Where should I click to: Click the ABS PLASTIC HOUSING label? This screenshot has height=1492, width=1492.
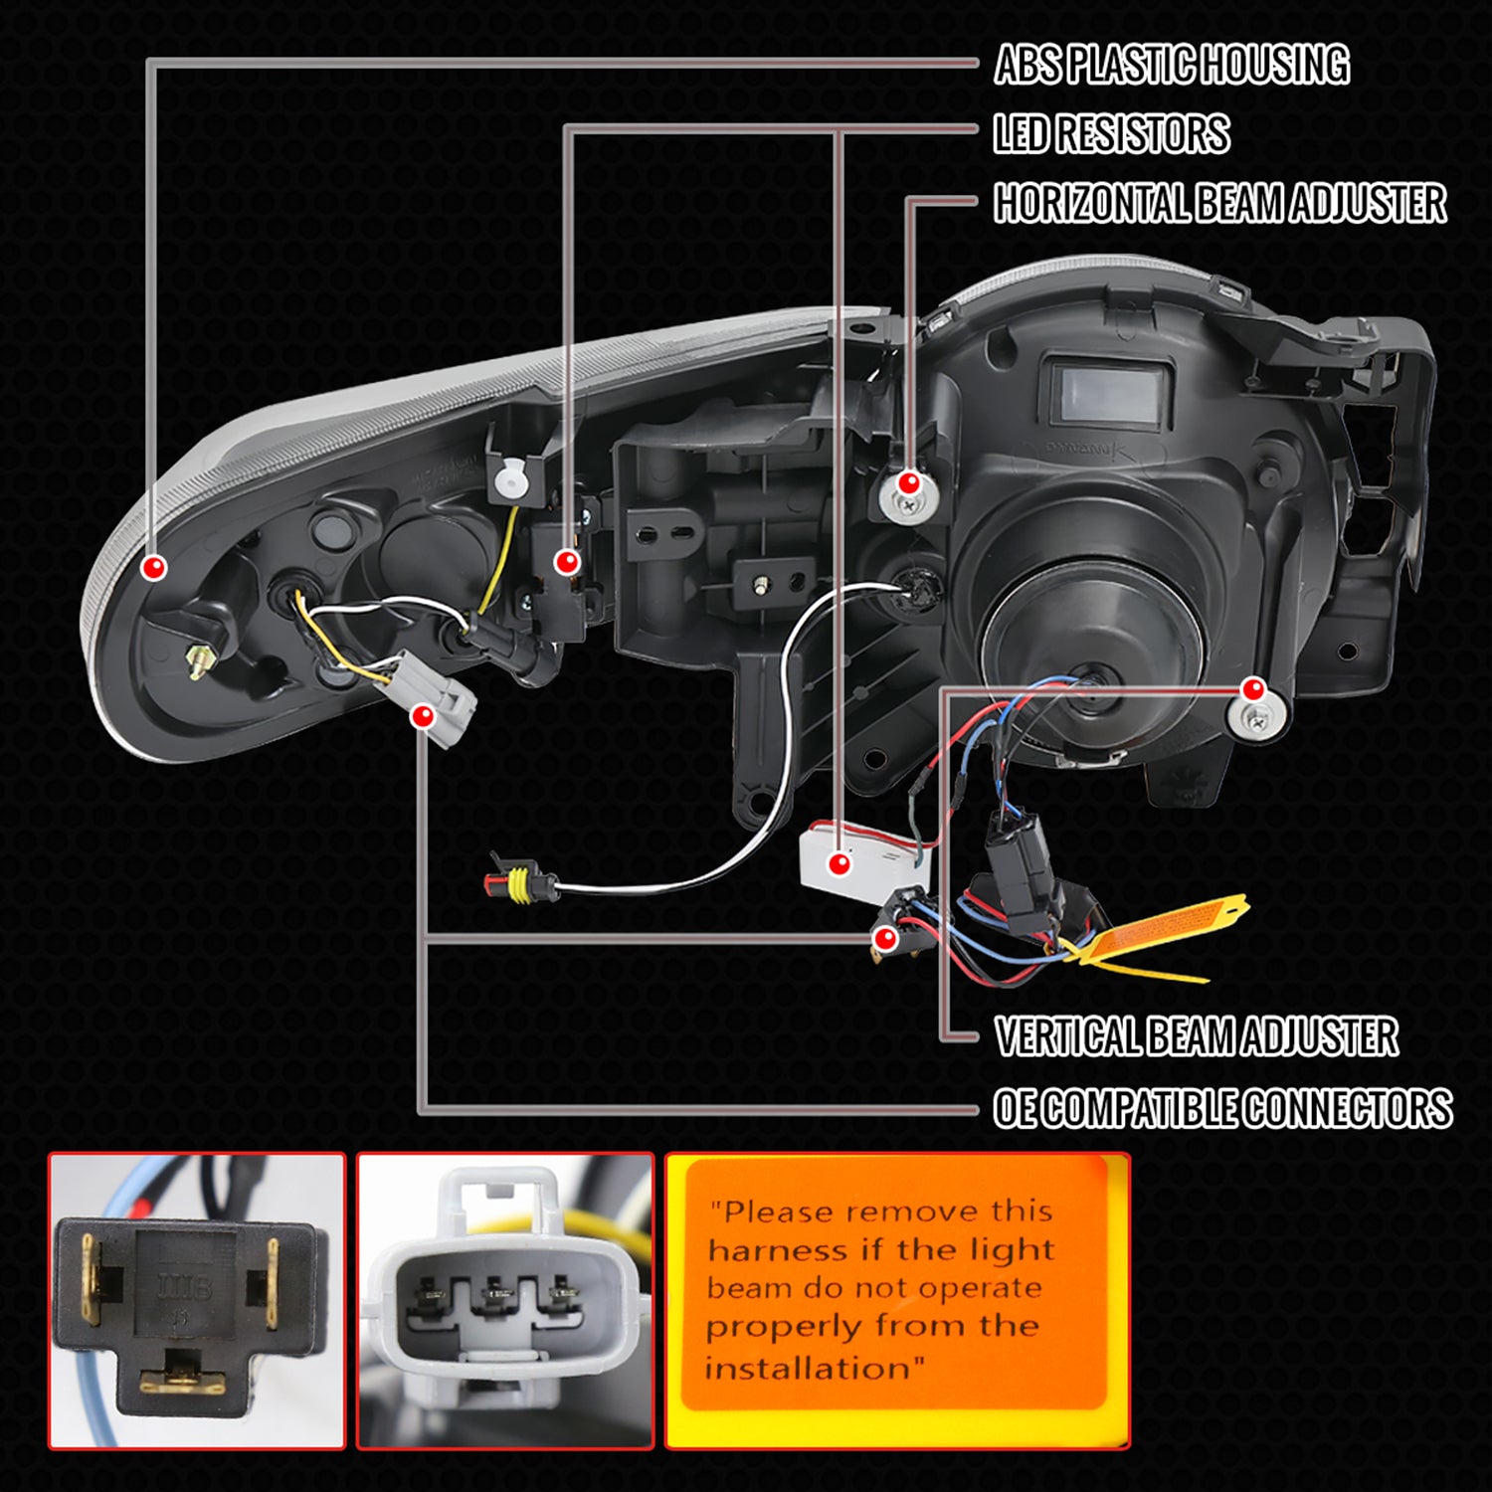pyautogui.click(x=1171, y=65)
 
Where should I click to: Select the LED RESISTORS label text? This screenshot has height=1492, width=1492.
pyautogui.click(x=1111, y=134)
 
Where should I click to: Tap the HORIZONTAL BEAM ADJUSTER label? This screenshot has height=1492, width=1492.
pyautogui.click(x=1219, y=203)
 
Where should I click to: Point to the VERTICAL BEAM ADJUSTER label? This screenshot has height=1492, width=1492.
pyautogui.click(x=1196, y=1036)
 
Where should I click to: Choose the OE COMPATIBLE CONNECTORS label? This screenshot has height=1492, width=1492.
pyautogui.click(x=1222, y=1108)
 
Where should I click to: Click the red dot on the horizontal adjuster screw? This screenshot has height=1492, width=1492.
pyautogui.click(x=908, y=483)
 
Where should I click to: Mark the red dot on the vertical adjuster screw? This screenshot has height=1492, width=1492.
pyautogui.click(x=1253, y=688)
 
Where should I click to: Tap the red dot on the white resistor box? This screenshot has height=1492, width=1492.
pyautogui.click(x=840, y=862)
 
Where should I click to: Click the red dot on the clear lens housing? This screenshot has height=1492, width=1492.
pyautogui.click(x=153, y=567)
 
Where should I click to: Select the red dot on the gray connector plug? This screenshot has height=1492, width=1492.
pyautogui.click(x=424, y=714)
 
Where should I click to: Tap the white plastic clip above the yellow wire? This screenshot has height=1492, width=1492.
pyautogui.click(x=509, y=480)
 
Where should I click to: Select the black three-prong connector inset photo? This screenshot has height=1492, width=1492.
pyautogui.click(x=197, y=1300)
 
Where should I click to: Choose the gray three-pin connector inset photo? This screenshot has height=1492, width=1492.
pyautogui.click(x=505, y=1300)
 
